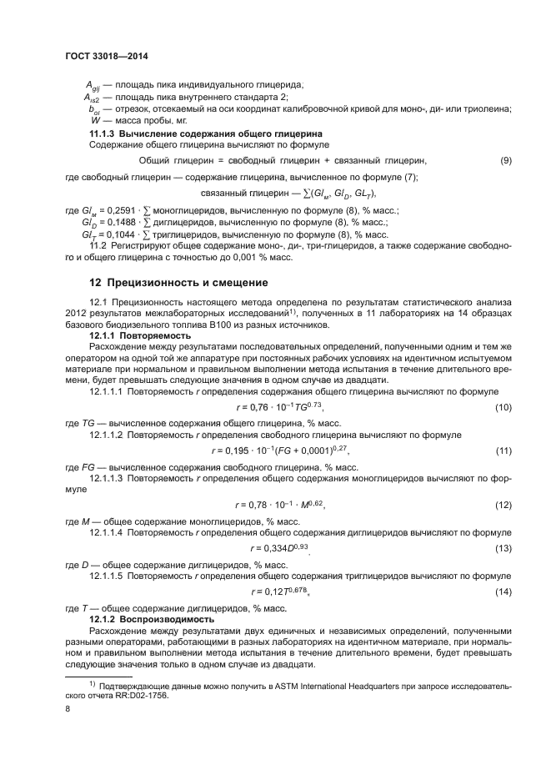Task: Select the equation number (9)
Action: tap(505, 160)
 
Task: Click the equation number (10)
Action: tap(503, 407)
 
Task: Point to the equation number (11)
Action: tap(503, 450)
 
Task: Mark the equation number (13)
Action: tap(503, 548)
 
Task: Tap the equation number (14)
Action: tap(503, 591)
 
